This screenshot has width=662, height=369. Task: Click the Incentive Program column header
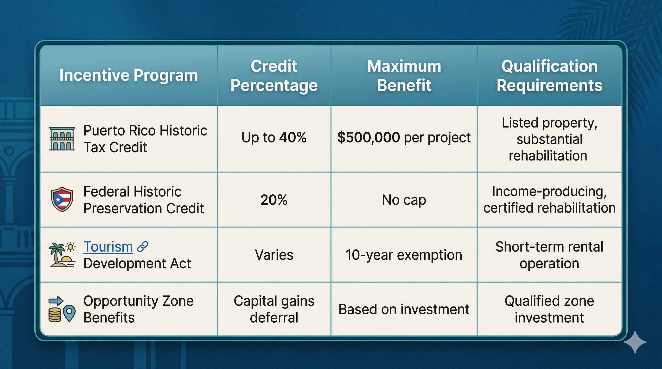pyautogui.click(x=128, y=75)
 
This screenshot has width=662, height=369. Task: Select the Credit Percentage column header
pyautogui.click(x=274, y=75)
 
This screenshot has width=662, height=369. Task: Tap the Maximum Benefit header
pyautogui.click(x=404, y=75)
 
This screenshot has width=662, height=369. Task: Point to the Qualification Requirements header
pyautogui.click(x=549, y=75)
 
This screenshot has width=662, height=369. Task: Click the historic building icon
pyautogui.click(x=62, y=139)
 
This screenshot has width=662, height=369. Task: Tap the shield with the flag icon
pyautogui.click(x=62, y=199)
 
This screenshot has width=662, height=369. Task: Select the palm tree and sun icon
pyautogui.click(x=62, y=255)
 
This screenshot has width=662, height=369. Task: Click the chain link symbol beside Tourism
pyautogui.click(x=143, y=246)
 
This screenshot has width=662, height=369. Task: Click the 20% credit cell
pyautogui.click(x=274, y=200)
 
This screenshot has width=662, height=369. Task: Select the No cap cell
pyautogui.click(x=404, y=200)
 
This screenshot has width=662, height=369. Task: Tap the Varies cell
pyautogui.click(x=274, y=255)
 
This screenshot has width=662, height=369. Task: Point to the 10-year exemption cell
pyautogui.click(x=404, y=255)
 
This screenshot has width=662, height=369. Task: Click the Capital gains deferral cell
pyautogui.click(x=274, y=309)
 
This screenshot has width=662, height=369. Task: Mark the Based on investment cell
pyautogui.click(x=404, y=309)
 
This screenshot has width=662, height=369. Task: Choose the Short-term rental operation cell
pyautogui.click(x=549, y=255)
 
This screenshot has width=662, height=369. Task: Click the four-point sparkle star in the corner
pyautogui.click(x=635, y=342)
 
